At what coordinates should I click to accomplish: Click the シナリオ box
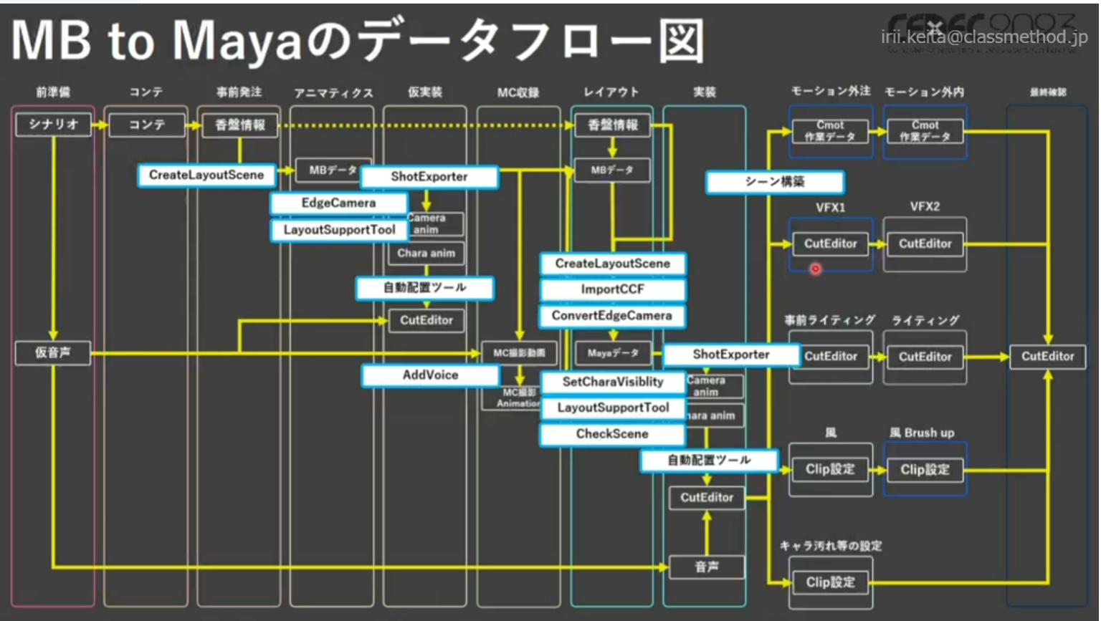click(x=53, y=125)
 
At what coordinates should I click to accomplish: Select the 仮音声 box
click(x=53, y=352)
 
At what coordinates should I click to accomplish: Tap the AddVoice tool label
click(x=430, y=375)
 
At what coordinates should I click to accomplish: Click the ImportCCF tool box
click(x=612, y=289)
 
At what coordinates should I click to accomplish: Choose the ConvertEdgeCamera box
click(x=612, y=315)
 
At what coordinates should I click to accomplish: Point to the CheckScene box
click(x=612, y=433)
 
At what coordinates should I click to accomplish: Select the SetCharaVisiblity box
click(x=612, y=382)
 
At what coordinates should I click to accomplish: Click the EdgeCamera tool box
click(x=338, y=203)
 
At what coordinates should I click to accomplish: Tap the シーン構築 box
click(x=774, y=182)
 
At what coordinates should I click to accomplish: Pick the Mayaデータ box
click(x=612, y=353)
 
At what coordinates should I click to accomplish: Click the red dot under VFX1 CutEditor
click(x=815, y=269)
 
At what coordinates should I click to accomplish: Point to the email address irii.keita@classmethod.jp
click(x=984, y=37)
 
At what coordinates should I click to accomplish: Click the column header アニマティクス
click(x=333, y=93)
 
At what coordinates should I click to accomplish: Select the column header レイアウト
click(x=611, y=92)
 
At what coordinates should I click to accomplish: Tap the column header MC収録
click(x=518, y=93)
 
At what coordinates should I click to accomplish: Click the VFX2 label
click(x=925, y=206)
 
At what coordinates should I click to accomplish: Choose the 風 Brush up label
click(x=922, y=433)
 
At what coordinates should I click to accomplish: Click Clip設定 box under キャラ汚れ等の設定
click(x=830, y=582)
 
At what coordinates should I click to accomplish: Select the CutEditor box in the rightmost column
click(x=1047, y=356)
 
